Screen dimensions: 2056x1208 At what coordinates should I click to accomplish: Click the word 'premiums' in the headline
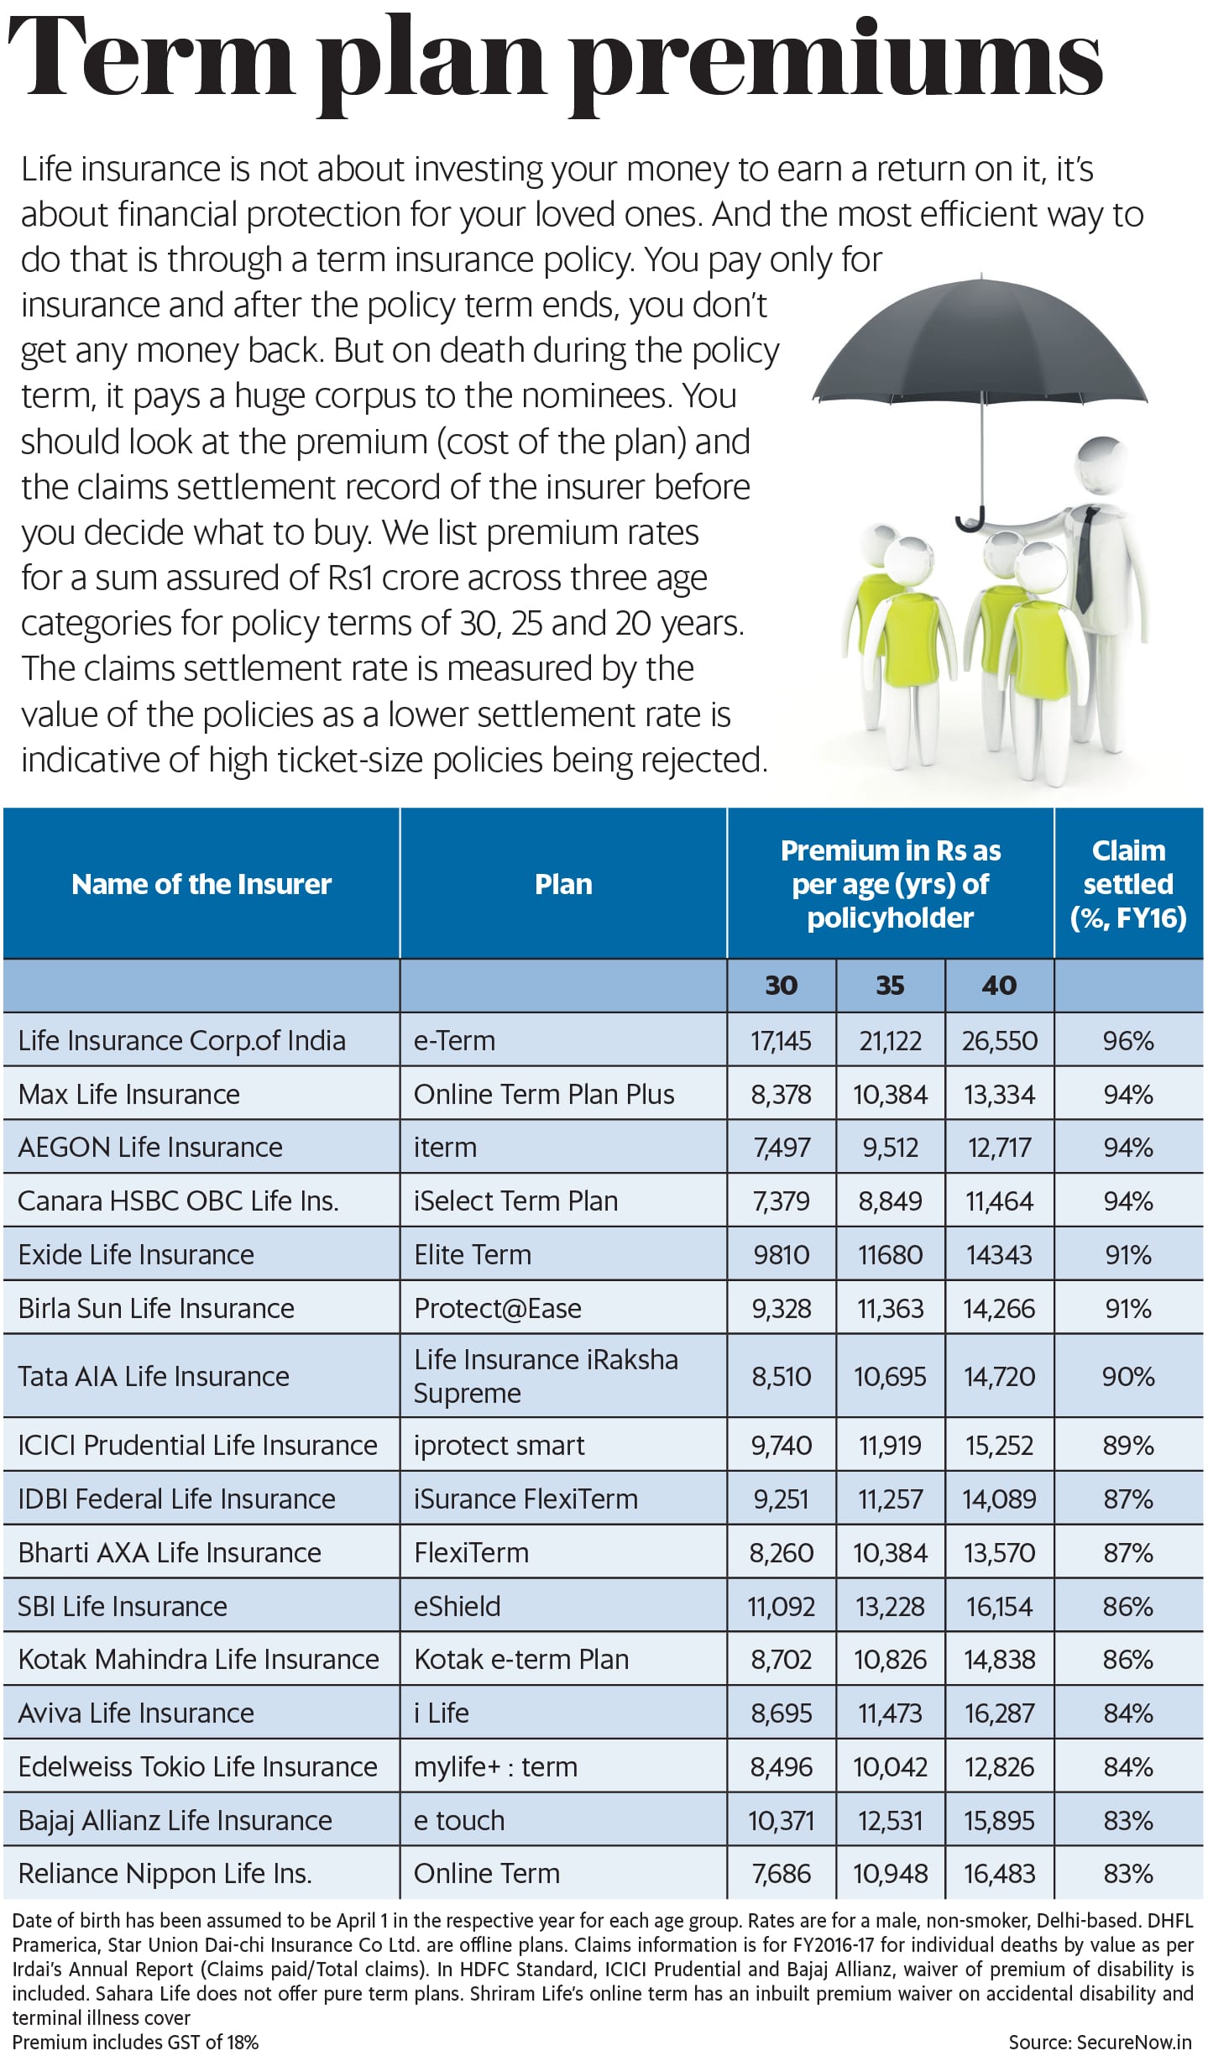[x=839, y=63]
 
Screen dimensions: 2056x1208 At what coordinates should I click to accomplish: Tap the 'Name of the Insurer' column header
[x=201, y=884]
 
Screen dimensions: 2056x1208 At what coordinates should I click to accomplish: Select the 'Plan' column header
[x=563, y=884]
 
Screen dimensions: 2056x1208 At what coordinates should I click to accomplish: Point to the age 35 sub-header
[x=890, y=985]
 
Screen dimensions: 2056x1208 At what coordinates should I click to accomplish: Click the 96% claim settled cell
[x=1128, y=1041]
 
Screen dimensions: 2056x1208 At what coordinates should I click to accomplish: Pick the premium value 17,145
[x=781, y=1041]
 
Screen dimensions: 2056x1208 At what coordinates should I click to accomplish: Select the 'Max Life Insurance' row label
[x=129, y=1095]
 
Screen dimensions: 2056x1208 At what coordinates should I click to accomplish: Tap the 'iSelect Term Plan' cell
[x=515, y=1201]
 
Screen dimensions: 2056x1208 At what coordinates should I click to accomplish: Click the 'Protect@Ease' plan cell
[x=498, y=1309]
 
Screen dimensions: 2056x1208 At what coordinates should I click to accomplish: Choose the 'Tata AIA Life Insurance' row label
[x=154, y=1377]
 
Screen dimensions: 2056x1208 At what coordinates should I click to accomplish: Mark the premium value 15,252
[x=999, y=1446]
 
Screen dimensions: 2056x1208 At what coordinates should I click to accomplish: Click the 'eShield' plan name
[x=458, y=1607]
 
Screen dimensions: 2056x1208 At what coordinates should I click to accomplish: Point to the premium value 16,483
[x=999, y=1874]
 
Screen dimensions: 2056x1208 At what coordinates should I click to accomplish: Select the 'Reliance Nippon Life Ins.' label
[x=165, y=1874]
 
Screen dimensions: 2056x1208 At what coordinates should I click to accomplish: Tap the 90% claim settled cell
[x=1128, y=1377]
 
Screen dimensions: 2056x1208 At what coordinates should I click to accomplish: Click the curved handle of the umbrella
[x=970, y=522]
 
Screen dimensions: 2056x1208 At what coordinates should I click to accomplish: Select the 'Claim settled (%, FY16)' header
[x=1128, y=884]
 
